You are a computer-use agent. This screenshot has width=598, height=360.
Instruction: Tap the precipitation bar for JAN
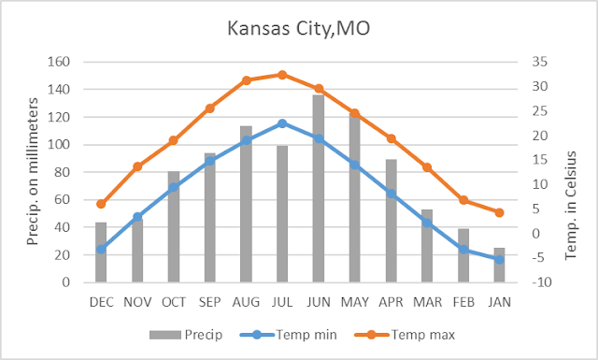tap(500, 266)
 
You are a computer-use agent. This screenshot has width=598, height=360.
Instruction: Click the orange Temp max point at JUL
tap(282, 75)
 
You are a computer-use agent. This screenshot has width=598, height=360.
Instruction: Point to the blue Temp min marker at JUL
tap(282, 123)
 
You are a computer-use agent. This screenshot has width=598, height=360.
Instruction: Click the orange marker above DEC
tap(101, 204)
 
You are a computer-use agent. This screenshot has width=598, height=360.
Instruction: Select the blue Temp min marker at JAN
tap(500, 259)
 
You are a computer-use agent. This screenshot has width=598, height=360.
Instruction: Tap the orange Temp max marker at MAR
tap(427, 167)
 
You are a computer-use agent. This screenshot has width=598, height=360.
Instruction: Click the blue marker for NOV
tap(137, 217)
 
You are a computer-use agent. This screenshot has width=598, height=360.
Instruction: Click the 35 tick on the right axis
tap(539, 63)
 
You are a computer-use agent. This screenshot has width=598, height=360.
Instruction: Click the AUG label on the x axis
tap(246, 302)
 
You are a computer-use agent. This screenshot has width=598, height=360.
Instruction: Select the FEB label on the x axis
tap(463, 302)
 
